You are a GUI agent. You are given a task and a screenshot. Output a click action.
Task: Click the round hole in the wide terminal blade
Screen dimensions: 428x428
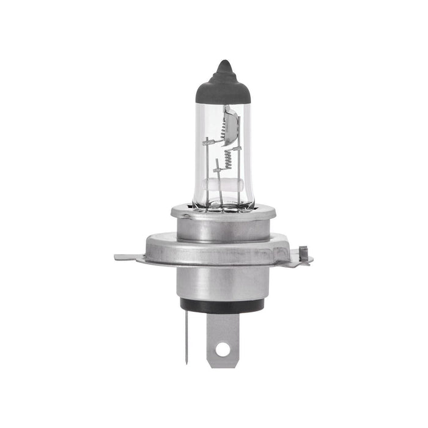click(223, 350)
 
